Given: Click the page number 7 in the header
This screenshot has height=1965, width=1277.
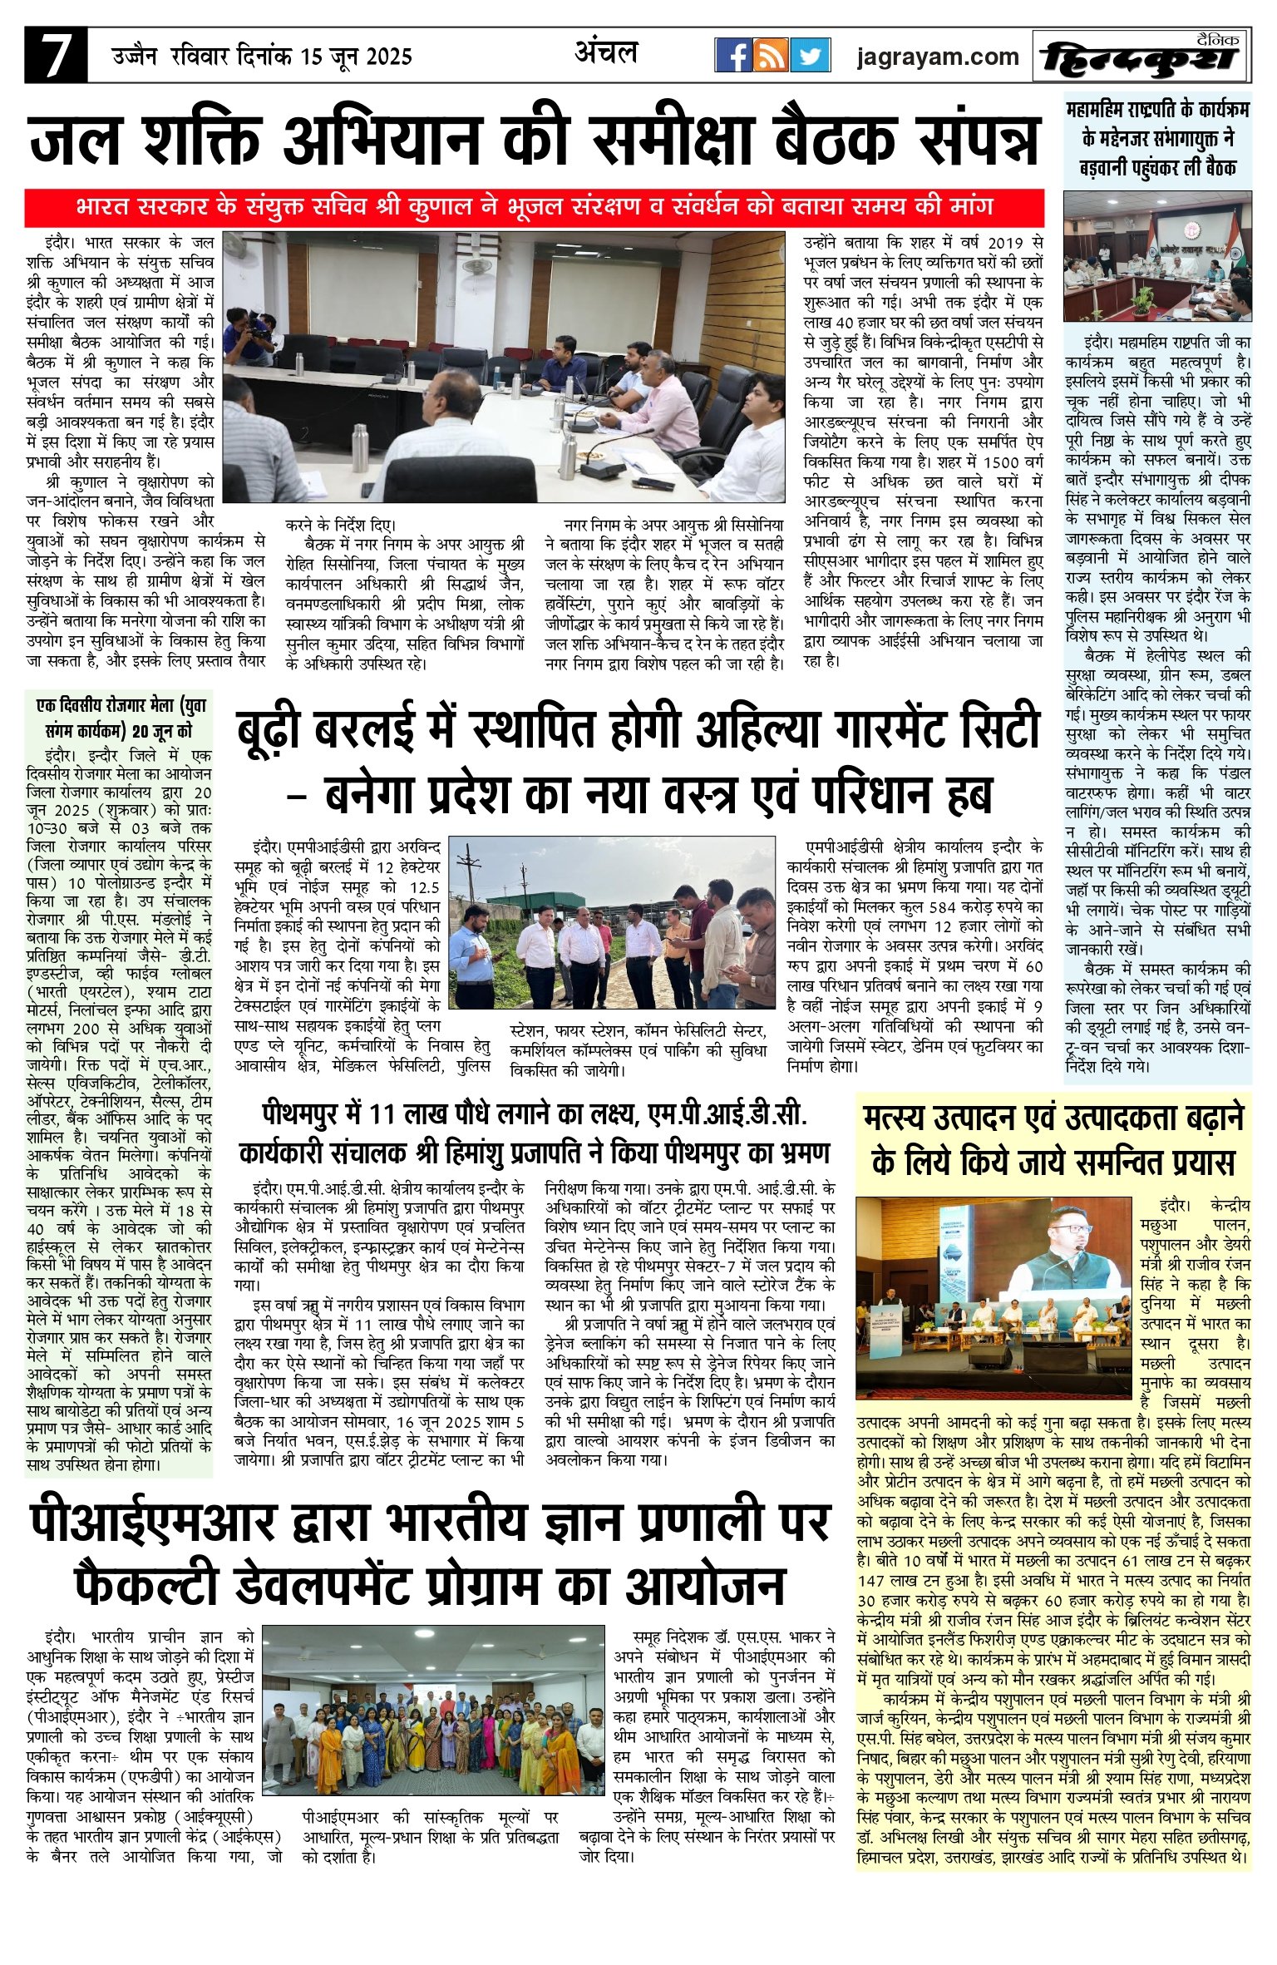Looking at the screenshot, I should (x=55, y=55).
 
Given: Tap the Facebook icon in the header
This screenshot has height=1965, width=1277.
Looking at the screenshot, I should (x=733, y=56).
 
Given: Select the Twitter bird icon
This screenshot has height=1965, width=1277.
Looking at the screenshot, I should (x=810, y=56).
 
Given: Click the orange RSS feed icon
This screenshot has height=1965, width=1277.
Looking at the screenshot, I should (x=772, y=56).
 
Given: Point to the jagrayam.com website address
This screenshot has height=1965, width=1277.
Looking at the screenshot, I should (x=938, y=57).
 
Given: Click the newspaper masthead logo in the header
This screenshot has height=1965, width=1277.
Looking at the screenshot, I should (x=1141, y=57).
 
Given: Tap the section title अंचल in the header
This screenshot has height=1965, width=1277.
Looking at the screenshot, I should (x=606, y=52).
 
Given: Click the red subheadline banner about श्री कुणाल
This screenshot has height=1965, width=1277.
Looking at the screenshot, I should (x=534, y=206).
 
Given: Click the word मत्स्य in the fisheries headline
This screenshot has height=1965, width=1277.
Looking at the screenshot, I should (x=900, y=1119).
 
